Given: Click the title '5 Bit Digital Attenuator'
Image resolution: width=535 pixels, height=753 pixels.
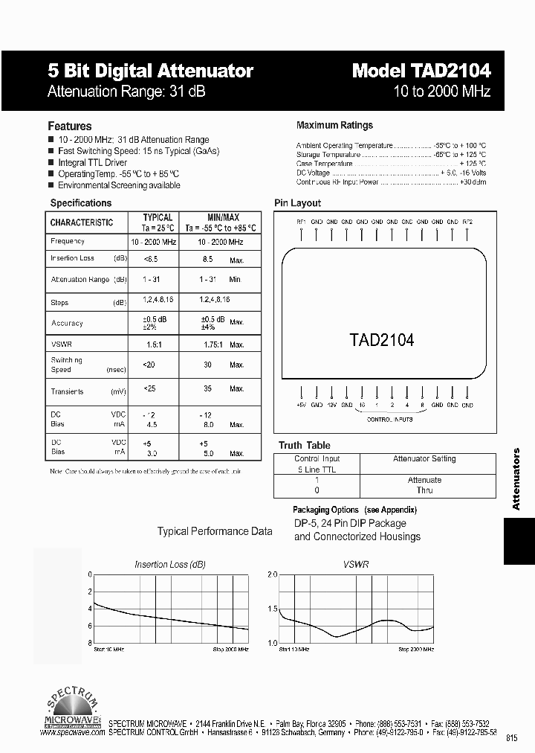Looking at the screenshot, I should point(150,71).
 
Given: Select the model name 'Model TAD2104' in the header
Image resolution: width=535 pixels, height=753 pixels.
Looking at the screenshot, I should point(421,71).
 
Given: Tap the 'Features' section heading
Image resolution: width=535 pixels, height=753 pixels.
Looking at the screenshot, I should point(70,126).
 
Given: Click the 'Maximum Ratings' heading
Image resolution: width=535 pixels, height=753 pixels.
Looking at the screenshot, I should point(334,126).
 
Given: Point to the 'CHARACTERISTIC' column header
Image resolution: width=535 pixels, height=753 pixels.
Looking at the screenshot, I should point(82,222).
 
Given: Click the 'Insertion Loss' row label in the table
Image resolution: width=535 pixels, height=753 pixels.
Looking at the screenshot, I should point(73,258).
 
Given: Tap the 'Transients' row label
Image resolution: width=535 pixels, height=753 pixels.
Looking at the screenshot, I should point(67,391).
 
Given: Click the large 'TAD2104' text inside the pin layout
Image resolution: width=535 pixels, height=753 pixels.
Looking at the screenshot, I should point(381,340).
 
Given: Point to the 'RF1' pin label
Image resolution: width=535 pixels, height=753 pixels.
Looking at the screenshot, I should point(301,222).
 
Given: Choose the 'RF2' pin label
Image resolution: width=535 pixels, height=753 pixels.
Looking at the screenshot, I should point(467,222).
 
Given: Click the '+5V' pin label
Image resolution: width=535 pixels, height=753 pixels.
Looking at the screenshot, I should point(301,406).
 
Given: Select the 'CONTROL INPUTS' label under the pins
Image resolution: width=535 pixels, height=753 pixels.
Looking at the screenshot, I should point(390,420).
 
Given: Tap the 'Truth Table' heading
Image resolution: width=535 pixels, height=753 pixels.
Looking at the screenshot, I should point(304,446).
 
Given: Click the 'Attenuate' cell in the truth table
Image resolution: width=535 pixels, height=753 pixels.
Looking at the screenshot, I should point(424,480).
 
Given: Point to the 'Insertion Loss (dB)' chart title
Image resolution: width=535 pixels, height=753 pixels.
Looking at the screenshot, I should point(170,565).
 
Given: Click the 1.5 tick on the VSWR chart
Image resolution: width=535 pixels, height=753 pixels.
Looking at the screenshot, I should point(271,609).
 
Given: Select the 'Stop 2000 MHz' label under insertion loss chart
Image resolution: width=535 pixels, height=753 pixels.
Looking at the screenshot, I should point(231,650).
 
